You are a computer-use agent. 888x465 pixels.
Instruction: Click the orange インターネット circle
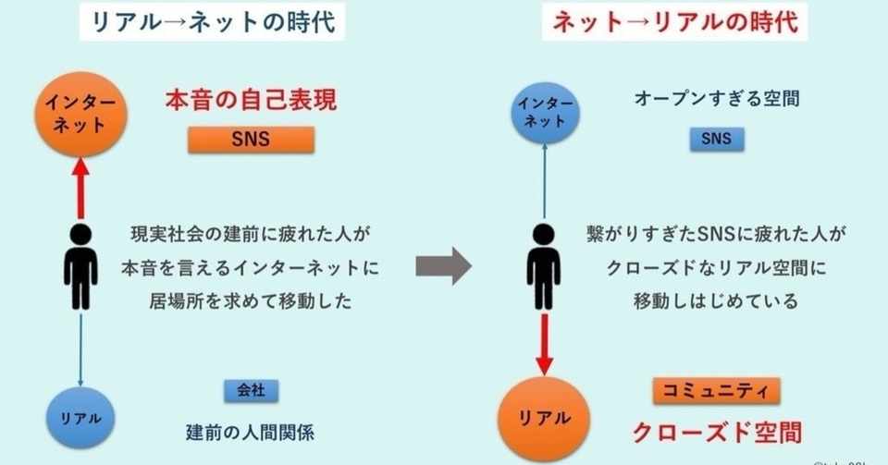click(x=80, y=113)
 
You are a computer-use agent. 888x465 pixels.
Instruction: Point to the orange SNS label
click(x=251, y=140)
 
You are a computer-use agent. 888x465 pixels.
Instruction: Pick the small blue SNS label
click(x=716, y=140)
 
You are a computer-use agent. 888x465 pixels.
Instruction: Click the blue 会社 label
click(x=251, y=389)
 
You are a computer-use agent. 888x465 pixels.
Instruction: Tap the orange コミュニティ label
click(x=716, y=390)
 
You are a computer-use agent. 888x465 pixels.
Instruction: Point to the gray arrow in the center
click(x=443, y=267)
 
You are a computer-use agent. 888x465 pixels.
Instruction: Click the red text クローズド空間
click(x=716, y=430)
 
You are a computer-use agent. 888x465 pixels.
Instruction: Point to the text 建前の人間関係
click(x=251, y=430)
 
